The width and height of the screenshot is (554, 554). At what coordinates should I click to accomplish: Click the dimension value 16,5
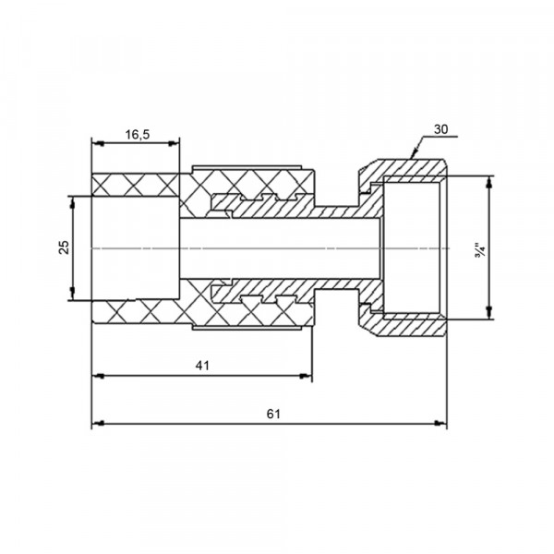tap(138, 135)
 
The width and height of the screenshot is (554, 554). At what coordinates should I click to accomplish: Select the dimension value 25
tap(65, 247)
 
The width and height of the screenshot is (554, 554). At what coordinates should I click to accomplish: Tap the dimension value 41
tap(202, 366)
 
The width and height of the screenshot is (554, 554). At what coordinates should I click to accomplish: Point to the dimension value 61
tap(273, 414)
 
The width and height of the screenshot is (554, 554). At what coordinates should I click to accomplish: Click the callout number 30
tap(440, 129)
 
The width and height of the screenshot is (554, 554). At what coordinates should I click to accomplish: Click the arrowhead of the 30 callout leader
tap(413, 154)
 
